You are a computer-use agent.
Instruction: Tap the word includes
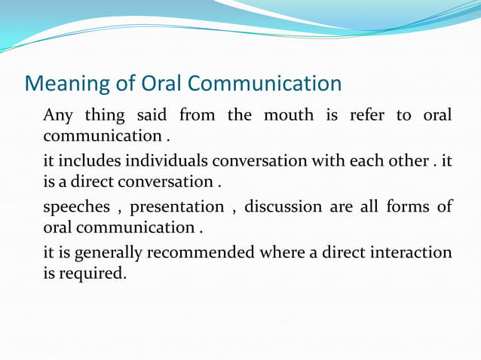click(x=90, y=161)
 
